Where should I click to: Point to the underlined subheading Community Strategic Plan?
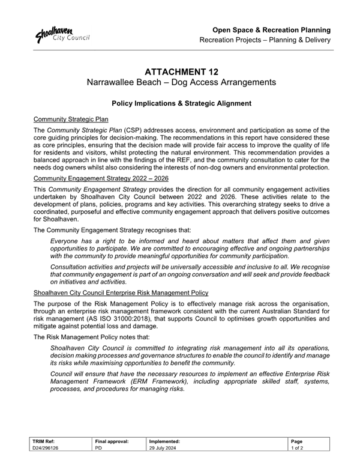coord(71,120)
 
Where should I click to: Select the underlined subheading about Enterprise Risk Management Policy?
coord(121,293)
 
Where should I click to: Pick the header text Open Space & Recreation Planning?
coord(274,29)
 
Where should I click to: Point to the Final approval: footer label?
coord(112,441)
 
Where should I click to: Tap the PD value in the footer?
coord(99,448)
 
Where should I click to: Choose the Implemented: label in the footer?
coord(165,441)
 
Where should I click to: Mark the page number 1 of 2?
coord(298,448)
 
